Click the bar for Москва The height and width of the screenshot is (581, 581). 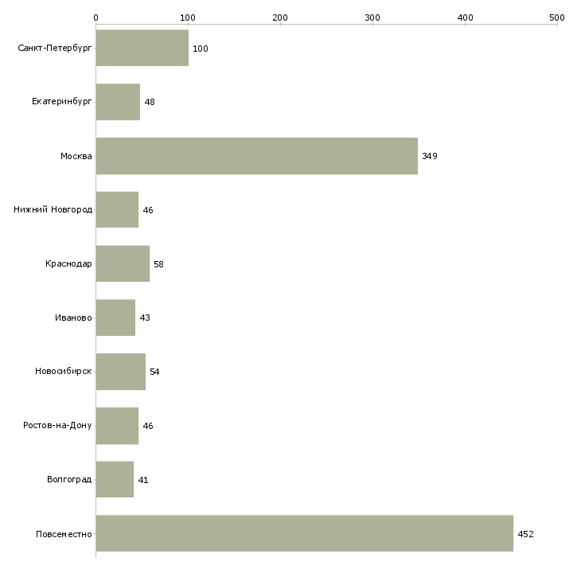(256, 156)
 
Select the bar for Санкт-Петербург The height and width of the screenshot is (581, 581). (142, 49)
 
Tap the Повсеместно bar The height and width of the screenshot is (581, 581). (304, 533)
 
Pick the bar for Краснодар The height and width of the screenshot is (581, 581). (123, 263)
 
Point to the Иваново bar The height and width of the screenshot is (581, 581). (115, 318)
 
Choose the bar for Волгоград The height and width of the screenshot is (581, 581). (115, 479)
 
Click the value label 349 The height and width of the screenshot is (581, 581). (430, 156)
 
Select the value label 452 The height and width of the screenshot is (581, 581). (525, 534)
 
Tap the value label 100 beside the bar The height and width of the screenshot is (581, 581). (201, 49)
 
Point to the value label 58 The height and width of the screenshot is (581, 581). (158, 264)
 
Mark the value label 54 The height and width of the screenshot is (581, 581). (154, 372)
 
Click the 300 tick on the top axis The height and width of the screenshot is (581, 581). (372, 17)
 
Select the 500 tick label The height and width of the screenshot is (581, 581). (557, 17)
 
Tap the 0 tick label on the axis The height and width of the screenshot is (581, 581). (96, 17)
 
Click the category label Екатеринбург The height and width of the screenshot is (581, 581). (62, 102)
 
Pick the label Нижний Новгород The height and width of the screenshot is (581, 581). (53, 210)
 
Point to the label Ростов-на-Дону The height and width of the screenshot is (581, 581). (57, 426)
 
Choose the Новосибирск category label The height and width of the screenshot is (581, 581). (63, 372)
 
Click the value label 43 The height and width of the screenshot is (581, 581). (145, 318)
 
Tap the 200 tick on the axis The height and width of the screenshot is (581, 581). (280, 17)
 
